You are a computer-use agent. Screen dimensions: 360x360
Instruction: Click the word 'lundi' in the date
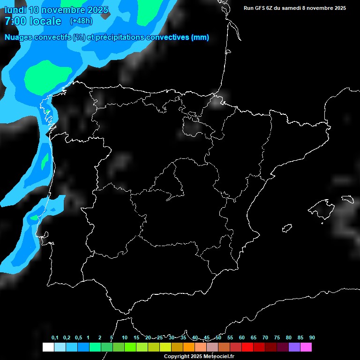[x=15, y=10]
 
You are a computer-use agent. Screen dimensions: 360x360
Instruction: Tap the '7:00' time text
[x=14, y=21]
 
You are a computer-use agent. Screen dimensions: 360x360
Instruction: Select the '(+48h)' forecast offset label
[x=82, y=21]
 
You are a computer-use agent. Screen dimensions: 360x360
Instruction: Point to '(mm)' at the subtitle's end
[x=200, y=37]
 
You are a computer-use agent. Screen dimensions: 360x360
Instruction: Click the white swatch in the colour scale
[x=48, y=347]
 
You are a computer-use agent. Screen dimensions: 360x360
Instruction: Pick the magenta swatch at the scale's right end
[x=306, y=347]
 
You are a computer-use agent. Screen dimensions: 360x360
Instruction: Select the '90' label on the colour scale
[x=312, y=337]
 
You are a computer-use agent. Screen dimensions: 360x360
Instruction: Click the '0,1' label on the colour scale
[x=55, y=337]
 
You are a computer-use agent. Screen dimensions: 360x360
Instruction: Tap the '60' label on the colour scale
[x=241, y=337]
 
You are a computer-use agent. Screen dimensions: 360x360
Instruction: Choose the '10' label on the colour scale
[x=124, y=337]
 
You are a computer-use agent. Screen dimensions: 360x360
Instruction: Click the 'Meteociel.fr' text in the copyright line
[x=217, y=357]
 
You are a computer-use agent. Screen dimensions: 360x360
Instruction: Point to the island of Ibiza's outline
[x=287, y=228]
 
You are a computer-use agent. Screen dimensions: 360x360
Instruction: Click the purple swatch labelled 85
[x=294, y=347]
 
